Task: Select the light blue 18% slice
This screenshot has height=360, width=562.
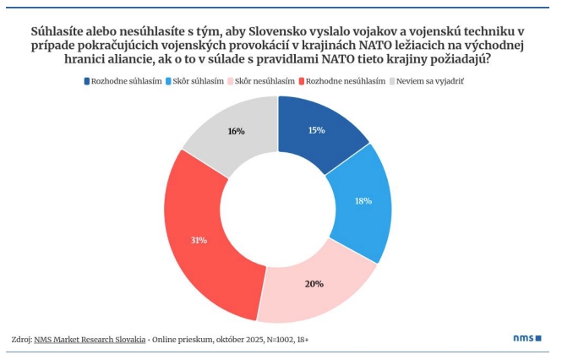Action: tap(363, 200)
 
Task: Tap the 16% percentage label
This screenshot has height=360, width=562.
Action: tap(236, 131)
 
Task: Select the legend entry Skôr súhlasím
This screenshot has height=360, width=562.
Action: tap(199, 80)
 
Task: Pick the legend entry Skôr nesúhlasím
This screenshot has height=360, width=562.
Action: tap(265, 80)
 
